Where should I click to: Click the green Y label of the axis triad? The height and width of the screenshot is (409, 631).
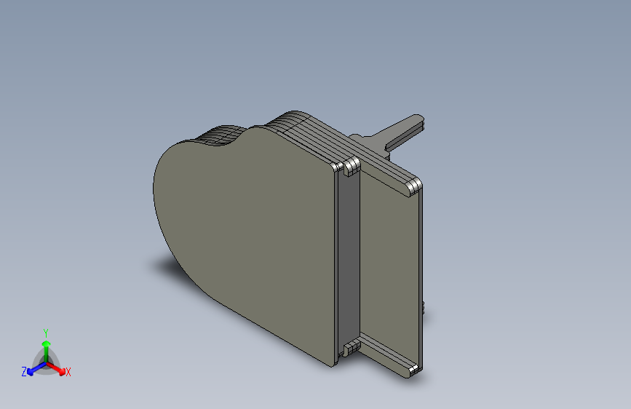tap(46, 333)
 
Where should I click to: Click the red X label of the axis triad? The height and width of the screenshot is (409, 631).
tap(68, 372)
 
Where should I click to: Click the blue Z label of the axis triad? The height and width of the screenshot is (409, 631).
tap(24, 372)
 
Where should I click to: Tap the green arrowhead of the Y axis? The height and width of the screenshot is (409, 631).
tap(47, 344)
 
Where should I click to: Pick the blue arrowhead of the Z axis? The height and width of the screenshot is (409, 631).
tap(30, 372)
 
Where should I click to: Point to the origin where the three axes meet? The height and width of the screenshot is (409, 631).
tap(47, 363)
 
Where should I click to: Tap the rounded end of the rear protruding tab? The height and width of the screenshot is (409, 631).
tap(418, 121)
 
